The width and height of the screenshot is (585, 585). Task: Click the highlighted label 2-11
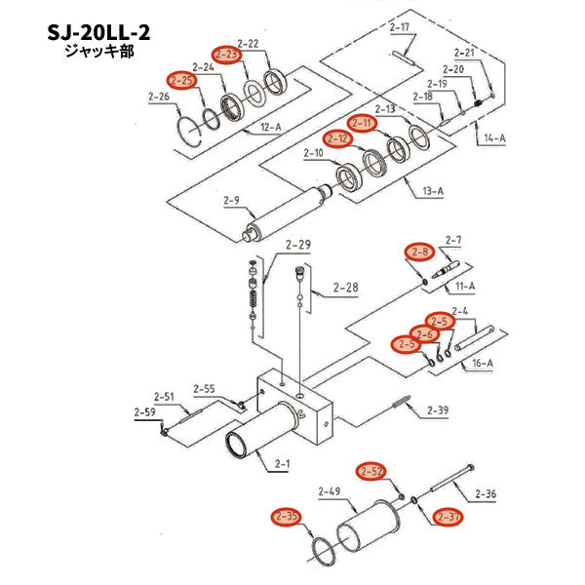coord(363,123)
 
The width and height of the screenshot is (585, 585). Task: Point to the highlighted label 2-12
coord(338,138)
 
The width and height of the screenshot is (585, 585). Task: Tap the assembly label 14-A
coord(493,138)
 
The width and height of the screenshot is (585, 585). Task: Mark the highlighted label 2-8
coord(419,252)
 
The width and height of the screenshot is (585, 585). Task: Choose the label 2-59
coord(144,411)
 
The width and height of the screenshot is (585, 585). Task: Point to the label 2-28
coord(345,288)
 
